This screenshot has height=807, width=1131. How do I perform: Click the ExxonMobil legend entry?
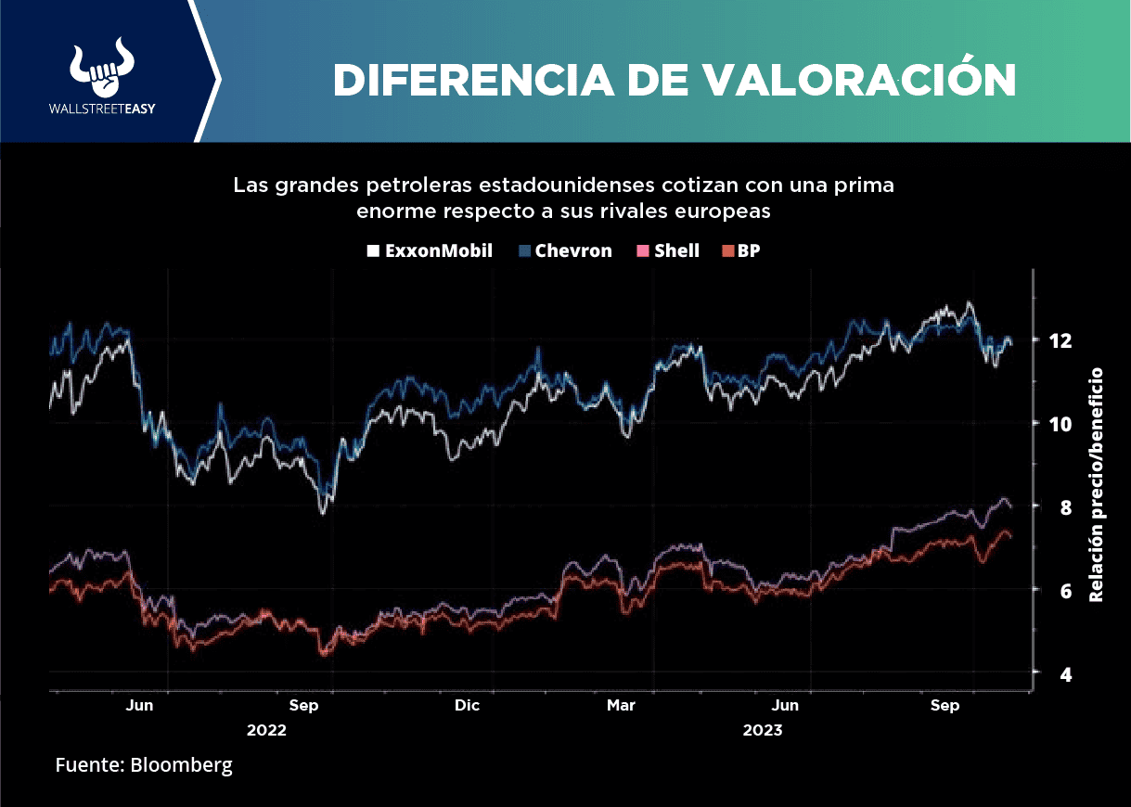point(431,250)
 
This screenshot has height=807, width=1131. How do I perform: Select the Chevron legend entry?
point(566,250)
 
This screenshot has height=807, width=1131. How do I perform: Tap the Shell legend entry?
point(668,250)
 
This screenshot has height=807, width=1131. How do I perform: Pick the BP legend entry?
point(741,250)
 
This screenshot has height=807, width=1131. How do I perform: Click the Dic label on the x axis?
point(467,706)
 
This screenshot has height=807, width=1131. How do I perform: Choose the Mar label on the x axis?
point(621,706)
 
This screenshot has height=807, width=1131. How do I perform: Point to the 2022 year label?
point(266,730)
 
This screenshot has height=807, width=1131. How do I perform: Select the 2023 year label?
point(763,730)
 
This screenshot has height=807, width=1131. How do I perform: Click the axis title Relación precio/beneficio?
point(1098,484)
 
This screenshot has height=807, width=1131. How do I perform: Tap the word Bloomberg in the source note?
point(181,765)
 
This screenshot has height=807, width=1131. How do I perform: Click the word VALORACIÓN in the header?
point(859,81)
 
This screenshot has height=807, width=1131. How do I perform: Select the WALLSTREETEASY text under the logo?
point(102,109)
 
